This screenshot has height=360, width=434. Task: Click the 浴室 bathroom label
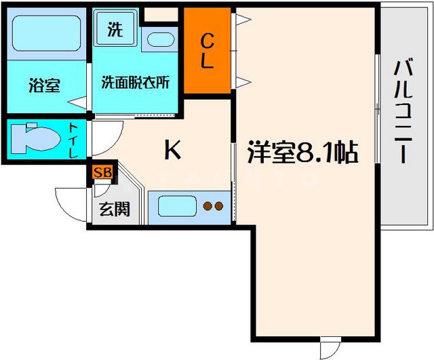pyautogui.click(x=45, y=85)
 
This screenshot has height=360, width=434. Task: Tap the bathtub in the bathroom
pyautogui.click(x=46, y=33)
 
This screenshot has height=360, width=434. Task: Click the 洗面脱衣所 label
pyautogui.click(x=136, y=83)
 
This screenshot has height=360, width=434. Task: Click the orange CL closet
pyautogui.click(x=208, y=52)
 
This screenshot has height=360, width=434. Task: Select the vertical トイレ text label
pyautogui.click(x=74, y=140)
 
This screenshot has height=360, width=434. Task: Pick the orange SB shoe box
pyautogui.click(x=103, y=172)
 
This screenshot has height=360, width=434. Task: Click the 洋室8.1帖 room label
pyautogui.click(x=303, y=152)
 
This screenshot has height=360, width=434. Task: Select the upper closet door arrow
pyautogui.click(x=239, y=20)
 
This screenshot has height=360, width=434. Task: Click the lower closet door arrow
pyautogui.click(x=239, y=83)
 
